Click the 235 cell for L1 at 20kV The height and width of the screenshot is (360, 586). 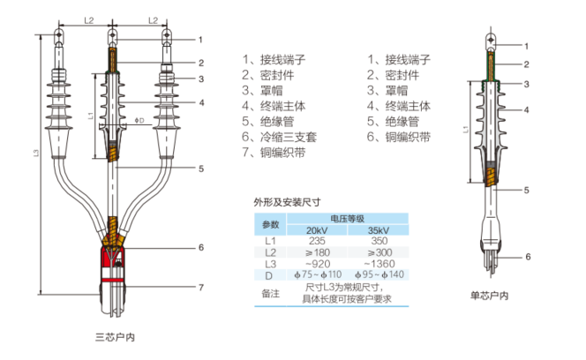coord(317,241)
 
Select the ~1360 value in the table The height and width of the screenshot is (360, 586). coord(379,264)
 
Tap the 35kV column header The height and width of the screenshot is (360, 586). coord(379,230)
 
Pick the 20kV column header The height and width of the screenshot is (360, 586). coord(317,230)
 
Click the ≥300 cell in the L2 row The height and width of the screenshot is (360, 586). coord(379,252)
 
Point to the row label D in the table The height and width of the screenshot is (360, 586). coord(269,275)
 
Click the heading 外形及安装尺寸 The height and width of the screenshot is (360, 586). coord(287,203)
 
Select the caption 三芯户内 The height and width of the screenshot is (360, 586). coord(115,337)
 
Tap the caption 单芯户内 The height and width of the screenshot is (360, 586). coord(489,296)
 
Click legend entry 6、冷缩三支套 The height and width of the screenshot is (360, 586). coord(279,137)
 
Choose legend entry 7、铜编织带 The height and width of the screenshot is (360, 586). coord(274,153)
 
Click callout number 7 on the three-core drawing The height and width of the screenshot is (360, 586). coord(201,288)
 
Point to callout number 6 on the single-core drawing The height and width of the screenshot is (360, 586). coord(528,257)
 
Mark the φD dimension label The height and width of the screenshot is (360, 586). coord(139,120)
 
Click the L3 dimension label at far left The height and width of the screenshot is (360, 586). coord(36,153)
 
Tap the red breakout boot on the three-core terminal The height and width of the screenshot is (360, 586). coord(112,264)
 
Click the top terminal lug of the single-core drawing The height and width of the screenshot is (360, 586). coord(492,41)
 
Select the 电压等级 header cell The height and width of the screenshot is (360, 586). coord(347,219)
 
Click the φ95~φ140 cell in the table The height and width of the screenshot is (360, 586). coord(379,274)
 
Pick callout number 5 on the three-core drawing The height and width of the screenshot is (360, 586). coord(201,169)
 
